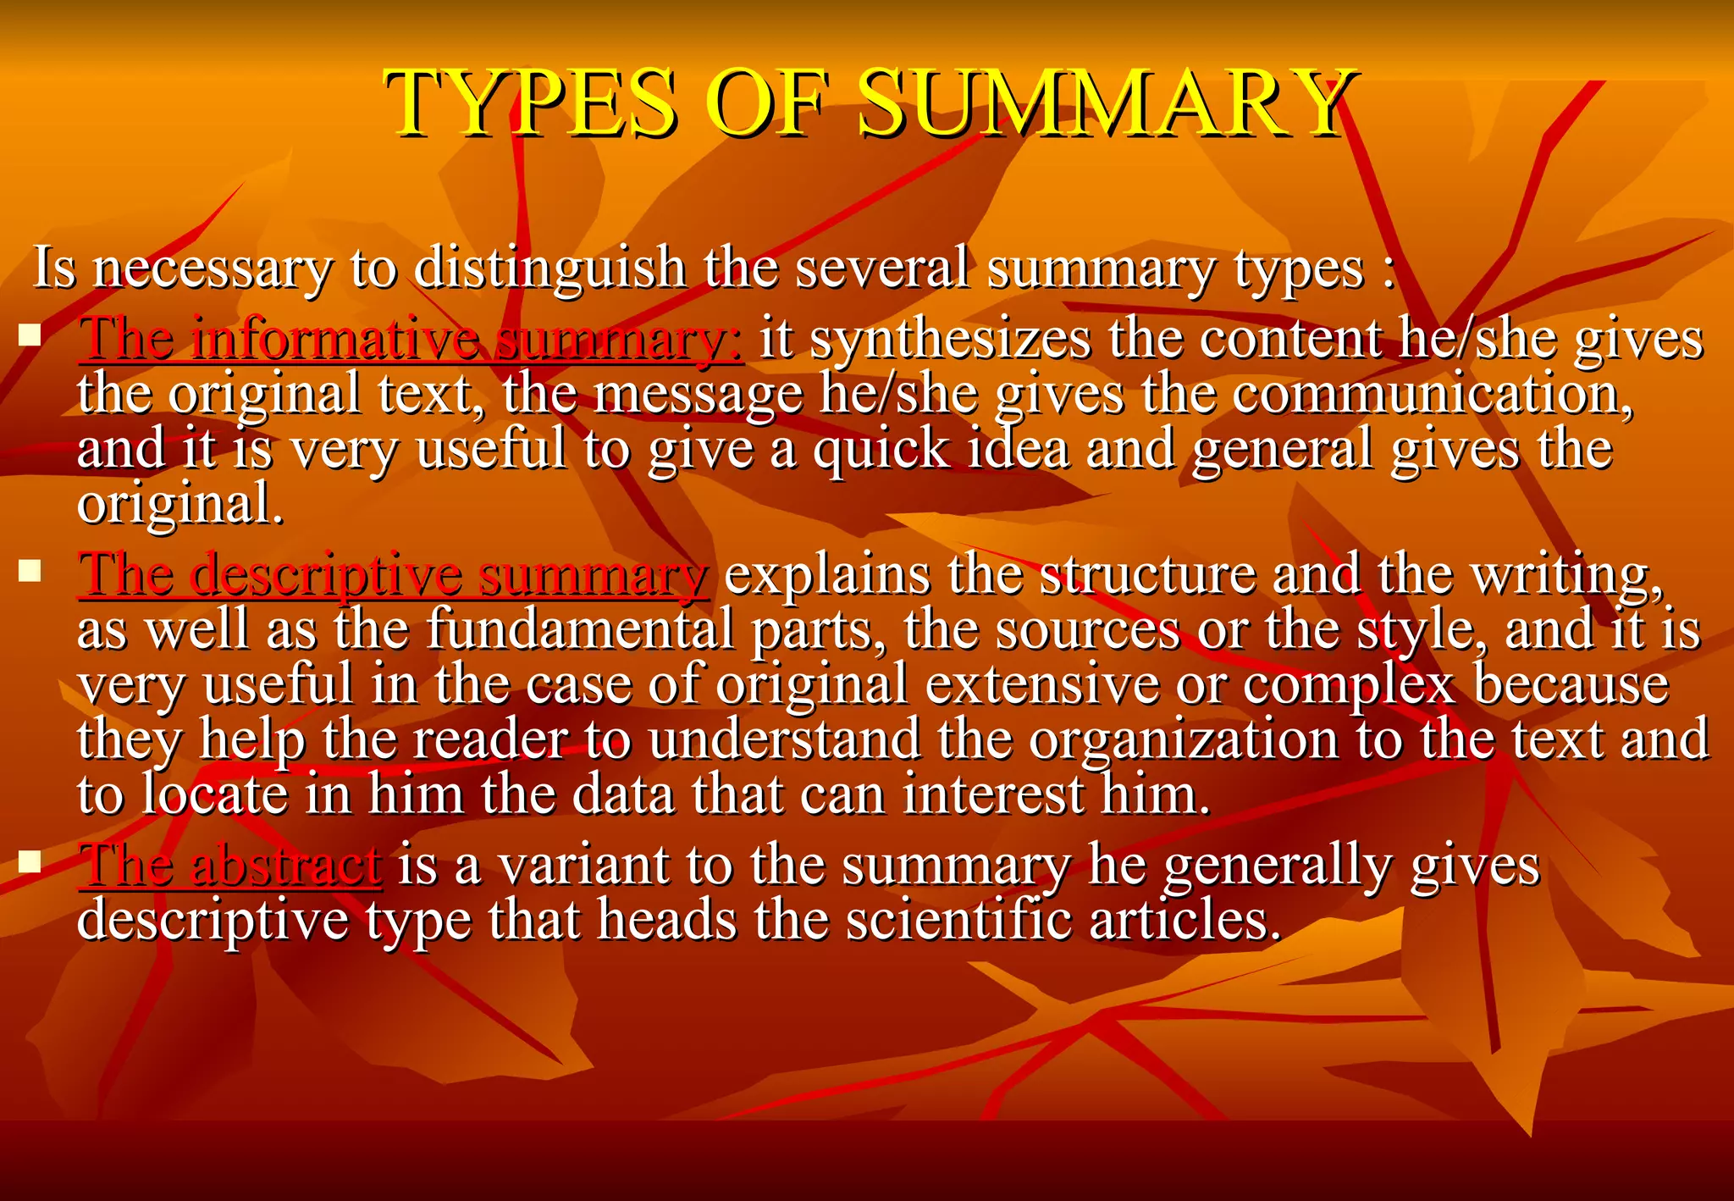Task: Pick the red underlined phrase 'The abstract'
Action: (x=229, y=866)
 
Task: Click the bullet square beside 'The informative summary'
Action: (x=30, y=336)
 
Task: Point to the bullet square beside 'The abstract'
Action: (x=30, y=862)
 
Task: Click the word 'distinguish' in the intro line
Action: (x=550, y=268)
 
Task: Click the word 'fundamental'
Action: (x=580, y=631)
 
